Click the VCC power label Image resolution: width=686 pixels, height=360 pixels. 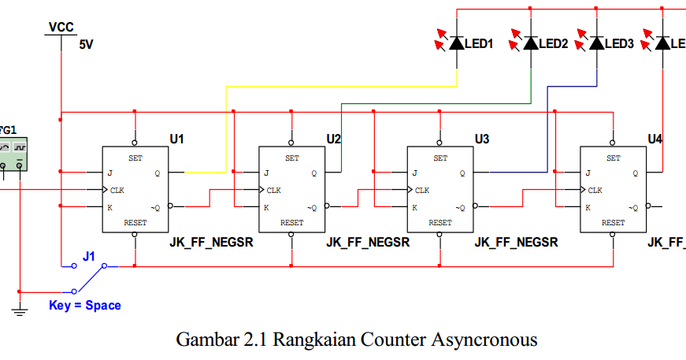(x=61, y=27)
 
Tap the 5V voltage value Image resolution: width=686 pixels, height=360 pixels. (x=86, y=45)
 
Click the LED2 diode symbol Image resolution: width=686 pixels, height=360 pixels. (x=531, y=43)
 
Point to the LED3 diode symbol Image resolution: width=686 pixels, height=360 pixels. (x=596, y=43)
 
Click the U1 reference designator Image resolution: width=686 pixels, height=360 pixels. (x=176, y=139)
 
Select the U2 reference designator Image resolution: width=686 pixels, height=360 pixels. (x=334, y=139)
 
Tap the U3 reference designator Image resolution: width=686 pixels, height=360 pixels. (x=482, y=139)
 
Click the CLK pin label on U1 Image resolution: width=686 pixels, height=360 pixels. (x=117, y=190)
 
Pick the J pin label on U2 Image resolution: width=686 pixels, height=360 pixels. (x=266, y=173)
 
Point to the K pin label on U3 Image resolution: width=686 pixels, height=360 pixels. (x=414, y=208)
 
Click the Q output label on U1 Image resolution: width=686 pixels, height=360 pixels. (x=157, y=173)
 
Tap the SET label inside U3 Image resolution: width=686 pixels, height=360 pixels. (x=440, y=158)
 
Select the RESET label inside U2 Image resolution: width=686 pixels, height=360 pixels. (x=292, y=223)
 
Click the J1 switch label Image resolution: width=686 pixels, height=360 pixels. (x=89, y=256)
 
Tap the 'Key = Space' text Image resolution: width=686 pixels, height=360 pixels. (x=85, y=305)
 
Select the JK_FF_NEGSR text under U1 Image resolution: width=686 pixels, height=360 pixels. (x=211, y=242)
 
